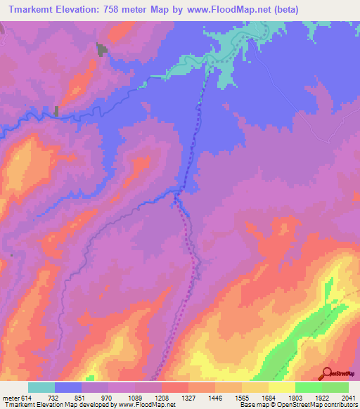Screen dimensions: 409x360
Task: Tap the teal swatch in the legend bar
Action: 41,387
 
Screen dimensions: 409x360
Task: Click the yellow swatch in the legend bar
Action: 281,387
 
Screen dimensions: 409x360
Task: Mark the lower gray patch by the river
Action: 56,110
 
